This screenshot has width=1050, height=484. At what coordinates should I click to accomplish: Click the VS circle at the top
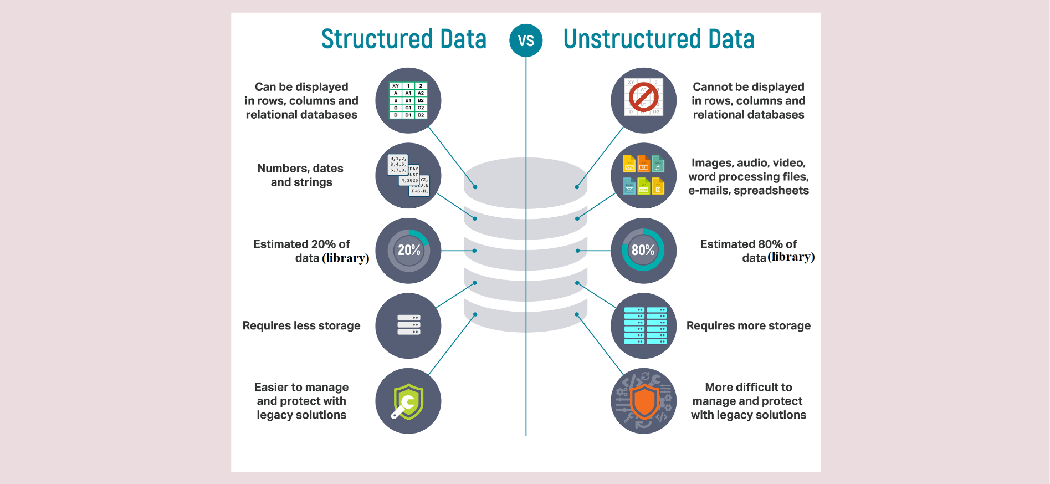click(526, 40)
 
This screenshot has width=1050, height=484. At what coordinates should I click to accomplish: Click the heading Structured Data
click(403, 39)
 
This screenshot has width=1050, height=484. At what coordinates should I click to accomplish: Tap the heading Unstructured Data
click(659, 39)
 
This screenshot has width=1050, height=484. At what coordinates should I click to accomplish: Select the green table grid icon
click(408, 100)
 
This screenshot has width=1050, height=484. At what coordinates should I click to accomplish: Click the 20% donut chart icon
click(408, 251)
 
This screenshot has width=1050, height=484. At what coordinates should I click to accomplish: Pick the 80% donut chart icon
click(643, 251)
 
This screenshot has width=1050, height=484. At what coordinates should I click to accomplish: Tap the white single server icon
click(408, 325)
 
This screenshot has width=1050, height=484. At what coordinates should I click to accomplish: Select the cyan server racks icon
click(645, 325)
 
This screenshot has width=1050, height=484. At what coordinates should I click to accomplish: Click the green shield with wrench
click(408, 401)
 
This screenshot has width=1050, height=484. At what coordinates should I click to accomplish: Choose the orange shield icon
click(644, 401)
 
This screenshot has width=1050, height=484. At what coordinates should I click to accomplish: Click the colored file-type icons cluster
click(643, 175)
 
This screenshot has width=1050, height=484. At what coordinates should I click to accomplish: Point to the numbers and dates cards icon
click(408, 175)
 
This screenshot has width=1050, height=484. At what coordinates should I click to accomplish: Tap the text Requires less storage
click(301, 326)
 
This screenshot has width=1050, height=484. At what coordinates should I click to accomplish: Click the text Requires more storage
click(748, 326)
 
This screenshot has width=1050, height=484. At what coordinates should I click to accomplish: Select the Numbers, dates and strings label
click(301, 175)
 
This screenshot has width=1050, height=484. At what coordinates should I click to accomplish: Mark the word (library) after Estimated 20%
click(346, 258)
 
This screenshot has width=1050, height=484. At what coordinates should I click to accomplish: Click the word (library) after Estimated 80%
click(791, 257)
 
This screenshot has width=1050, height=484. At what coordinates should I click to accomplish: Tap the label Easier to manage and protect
click(301, 401)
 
